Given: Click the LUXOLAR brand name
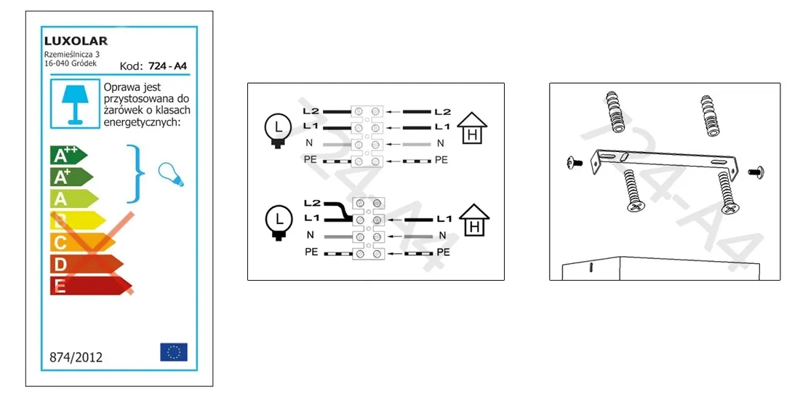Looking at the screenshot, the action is [x=76, y=41].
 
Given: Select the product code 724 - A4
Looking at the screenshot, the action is [x=167, y=65].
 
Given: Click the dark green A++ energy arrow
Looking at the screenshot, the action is [x=68, y=155].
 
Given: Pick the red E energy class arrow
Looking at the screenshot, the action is [x=91, y=285].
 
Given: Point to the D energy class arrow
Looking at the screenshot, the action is [x=87, y=264].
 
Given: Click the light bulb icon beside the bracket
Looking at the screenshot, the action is [x=170, y=175].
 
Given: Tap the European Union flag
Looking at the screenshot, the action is [x=174, y=352].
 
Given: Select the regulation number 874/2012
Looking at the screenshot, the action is [x=76, y=357].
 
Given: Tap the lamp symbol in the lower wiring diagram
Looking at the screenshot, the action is [x=278, y=223].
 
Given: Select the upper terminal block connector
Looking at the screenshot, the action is [x=367, y=137].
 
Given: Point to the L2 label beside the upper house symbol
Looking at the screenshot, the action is [x=442, y=111].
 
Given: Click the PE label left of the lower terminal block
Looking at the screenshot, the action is [x=311, y=252].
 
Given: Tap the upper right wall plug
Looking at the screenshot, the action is [x=710, y=116].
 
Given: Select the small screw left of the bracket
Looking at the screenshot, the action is [x=575, y=163].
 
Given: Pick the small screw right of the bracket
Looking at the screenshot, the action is [x=755, y=172].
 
